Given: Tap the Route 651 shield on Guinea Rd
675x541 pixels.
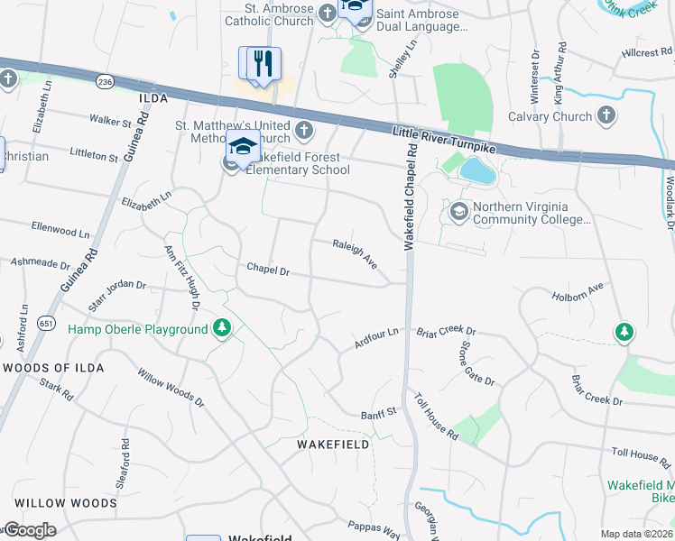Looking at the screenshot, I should click(x=45, y=322).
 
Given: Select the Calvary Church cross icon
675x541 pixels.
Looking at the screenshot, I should click(x=606, y=115).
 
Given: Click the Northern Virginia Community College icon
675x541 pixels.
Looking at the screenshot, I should click(x=458, y=211).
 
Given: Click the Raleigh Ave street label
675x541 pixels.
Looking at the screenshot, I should click(x=355, y=254).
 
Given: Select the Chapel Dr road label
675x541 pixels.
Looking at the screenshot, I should click(x=268, y=270).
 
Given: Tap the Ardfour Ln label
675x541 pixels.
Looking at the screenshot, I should click(x=376, y=339).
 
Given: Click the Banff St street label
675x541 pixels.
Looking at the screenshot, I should click(x=379, y=413).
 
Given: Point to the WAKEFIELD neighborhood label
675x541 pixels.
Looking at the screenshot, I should click(x=333, y=445).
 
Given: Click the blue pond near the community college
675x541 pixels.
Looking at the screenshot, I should click(x=476, y=170).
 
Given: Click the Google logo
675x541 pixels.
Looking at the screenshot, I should click(x=31, y=530).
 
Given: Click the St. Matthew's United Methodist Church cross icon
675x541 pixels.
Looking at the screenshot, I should click(x=304, y=131).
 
